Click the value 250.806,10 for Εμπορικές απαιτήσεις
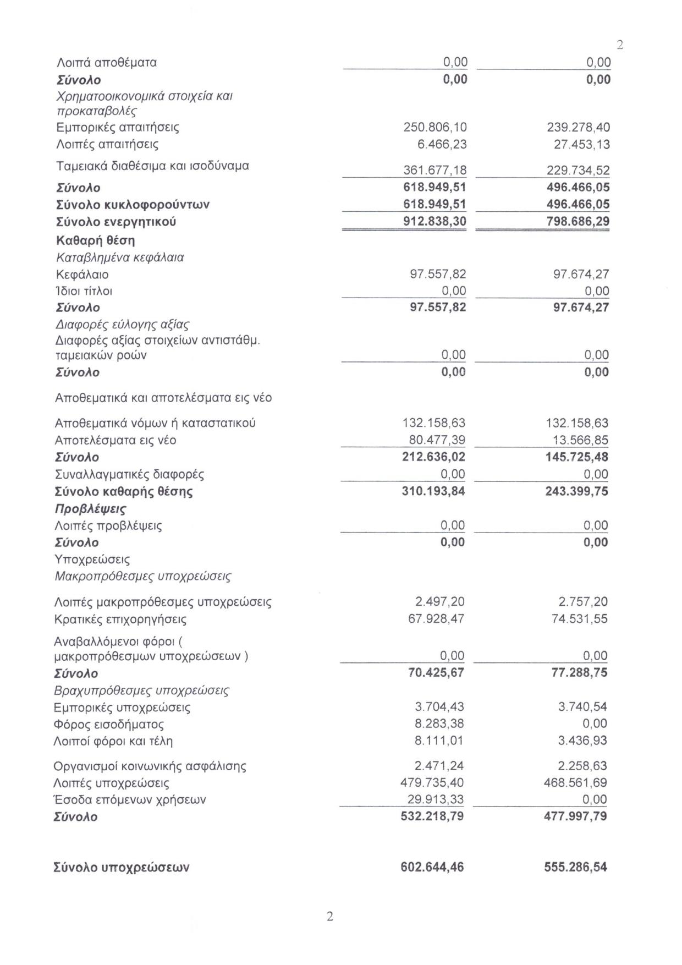(435, 128)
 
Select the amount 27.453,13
(578, 145)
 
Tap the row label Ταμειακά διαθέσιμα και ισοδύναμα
(152, 166)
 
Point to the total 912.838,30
(435, 222)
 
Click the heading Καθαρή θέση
(95, 240)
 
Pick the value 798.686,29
(578, 222)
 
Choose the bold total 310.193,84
(433, 491)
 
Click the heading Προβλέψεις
(91, 508)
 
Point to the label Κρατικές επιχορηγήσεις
(120, 619)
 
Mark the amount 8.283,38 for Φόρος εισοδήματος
(439, 724)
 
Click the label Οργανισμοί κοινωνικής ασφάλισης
(150, 766)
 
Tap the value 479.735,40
(432, 783)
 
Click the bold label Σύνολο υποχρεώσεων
(121, 868)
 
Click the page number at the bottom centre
(330, 917)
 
